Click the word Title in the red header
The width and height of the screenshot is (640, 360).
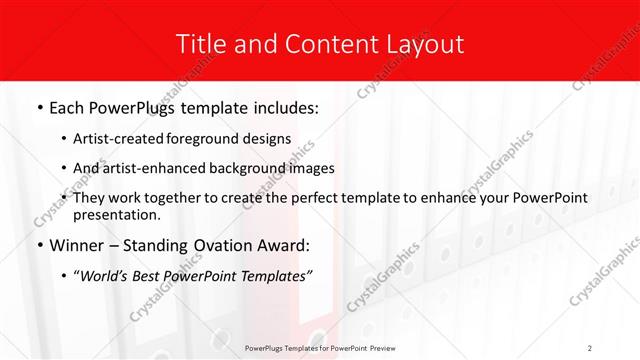(200, 44)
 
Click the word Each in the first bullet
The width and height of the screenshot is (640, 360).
(66, 106)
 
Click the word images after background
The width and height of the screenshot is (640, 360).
(313, 168)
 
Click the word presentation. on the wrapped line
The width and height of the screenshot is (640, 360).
(116, 214)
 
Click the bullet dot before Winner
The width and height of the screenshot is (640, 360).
(38, 245)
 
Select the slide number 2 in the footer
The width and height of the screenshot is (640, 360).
(590, 348)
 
